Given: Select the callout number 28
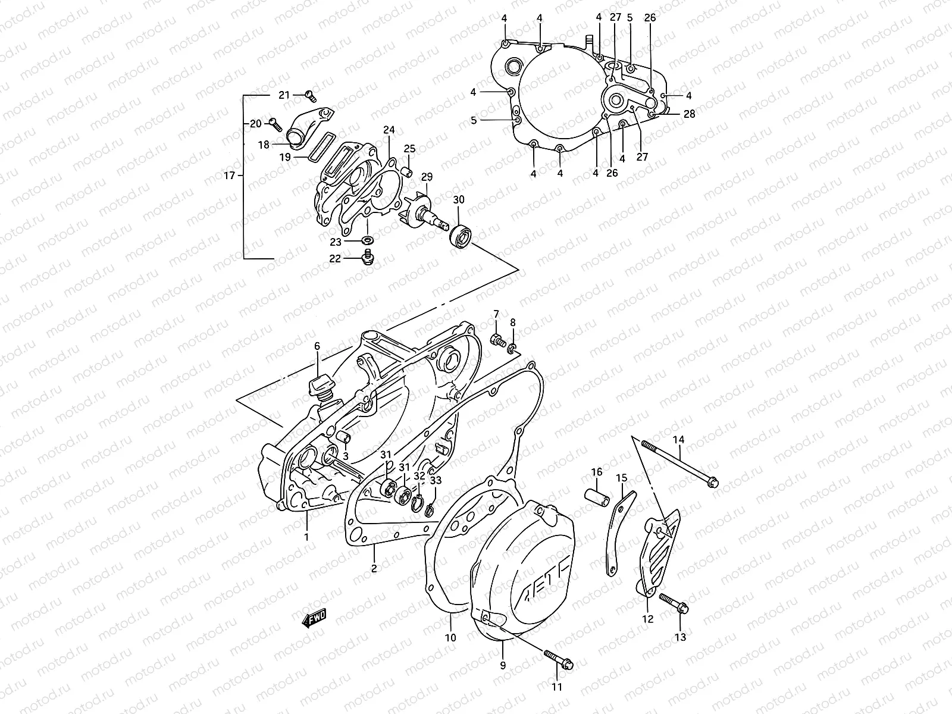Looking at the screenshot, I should pyautogui.click(x=689, y=114).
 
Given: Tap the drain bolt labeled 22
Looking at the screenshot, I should pyautogui.click(x=368, y=257).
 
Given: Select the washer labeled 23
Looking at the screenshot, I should pyautogui.click(x=368, y=241).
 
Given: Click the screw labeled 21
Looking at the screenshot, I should pyautogui.click(x=309, y=94).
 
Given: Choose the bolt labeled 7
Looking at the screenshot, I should pyautogui.click(x=496, y=340).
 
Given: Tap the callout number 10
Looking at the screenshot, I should pyautogui.click(x=450, y=637).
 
